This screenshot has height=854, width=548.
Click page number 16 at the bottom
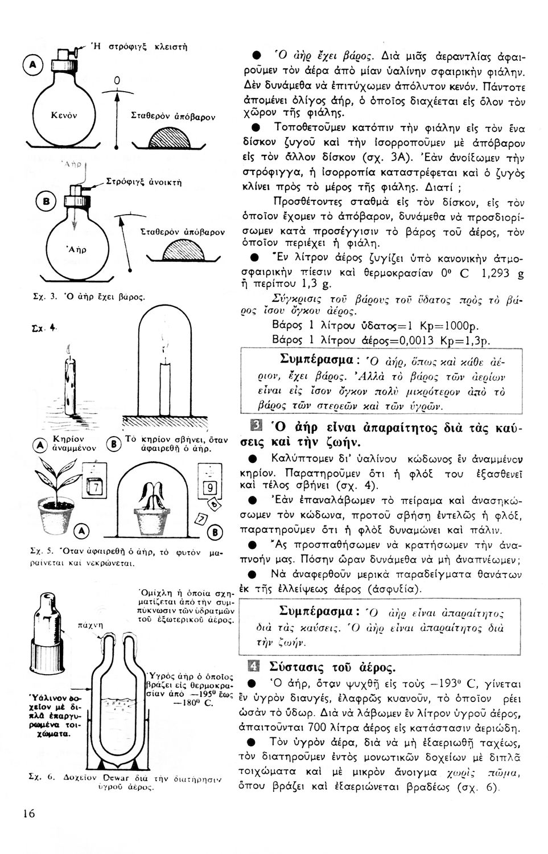coord(28,813)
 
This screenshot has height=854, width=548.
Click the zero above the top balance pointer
coord(116,82)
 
